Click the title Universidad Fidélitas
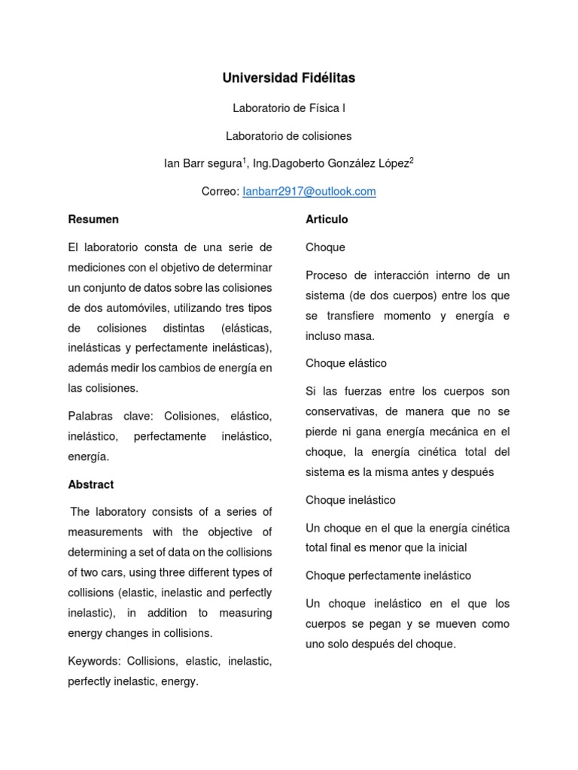click(289, 78)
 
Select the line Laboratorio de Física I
click(289, 108)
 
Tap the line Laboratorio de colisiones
click(289, 136)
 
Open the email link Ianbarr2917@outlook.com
click(309, 192)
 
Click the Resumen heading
click(93, 220)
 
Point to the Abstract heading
click(91, 485)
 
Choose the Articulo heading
click(327, 220)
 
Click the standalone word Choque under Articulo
click(325, 247)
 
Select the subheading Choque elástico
click(346, 363)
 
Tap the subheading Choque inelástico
click(351, 500)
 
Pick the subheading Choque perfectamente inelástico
click(388, 576)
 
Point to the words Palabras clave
click(111, 417)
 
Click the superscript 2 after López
click(412, 160)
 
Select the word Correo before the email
click(219, 192)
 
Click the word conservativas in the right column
click(342, 411)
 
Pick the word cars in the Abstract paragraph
click(100, 573)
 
